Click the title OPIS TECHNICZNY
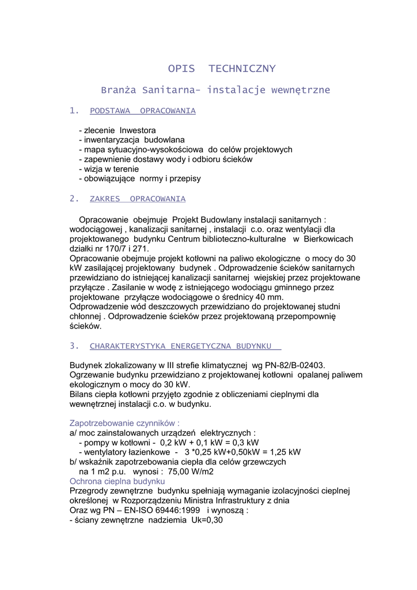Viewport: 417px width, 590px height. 222,69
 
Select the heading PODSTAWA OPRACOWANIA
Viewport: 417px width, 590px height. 143,111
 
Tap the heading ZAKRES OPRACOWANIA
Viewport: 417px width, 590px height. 138,199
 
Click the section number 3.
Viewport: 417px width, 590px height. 73,346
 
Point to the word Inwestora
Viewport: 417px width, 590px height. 138,130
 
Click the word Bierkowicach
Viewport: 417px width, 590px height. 327,239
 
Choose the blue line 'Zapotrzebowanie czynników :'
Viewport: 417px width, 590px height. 124,422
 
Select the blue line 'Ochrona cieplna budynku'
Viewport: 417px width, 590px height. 117,481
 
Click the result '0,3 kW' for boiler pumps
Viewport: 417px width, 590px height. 237,442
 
